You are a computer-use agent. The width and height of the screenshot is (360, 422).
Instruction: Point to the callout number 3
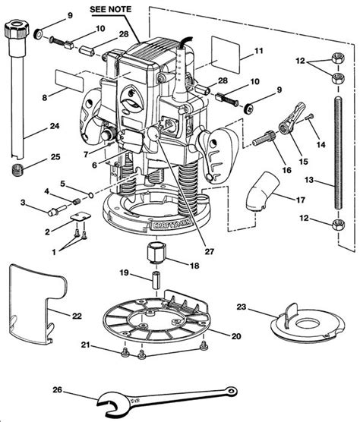point(24,203)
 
